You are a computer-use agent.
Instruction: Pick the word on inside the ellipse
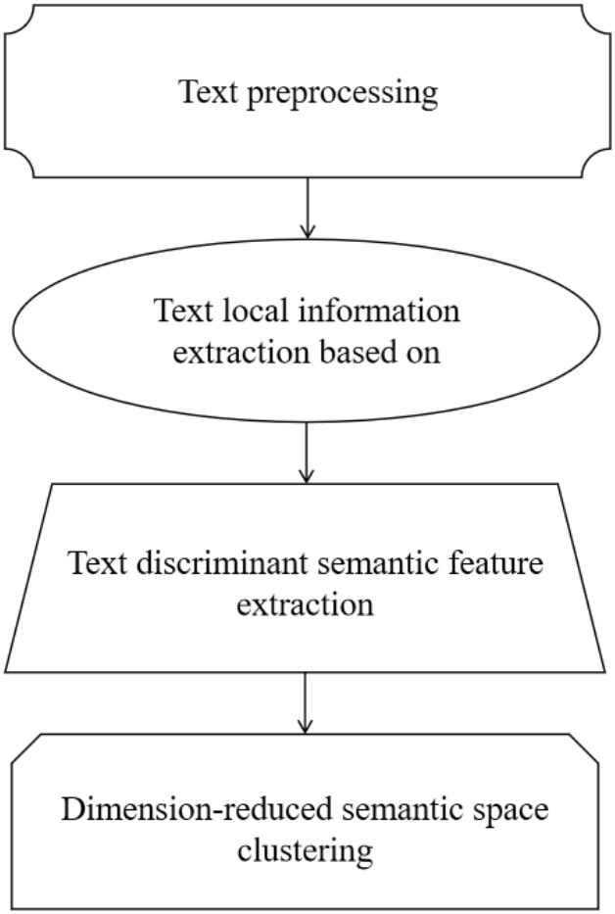pos(425,354)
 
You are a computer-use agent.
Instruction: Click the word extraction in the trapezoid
pos(307,604)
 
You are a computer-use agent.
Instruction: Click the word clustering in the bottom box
pos(307,851)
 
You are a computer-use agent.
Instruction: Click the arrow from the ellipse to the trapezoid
pos(307,452)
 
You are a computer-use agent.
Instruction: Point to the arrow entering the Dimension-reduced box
pos(307,702)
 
